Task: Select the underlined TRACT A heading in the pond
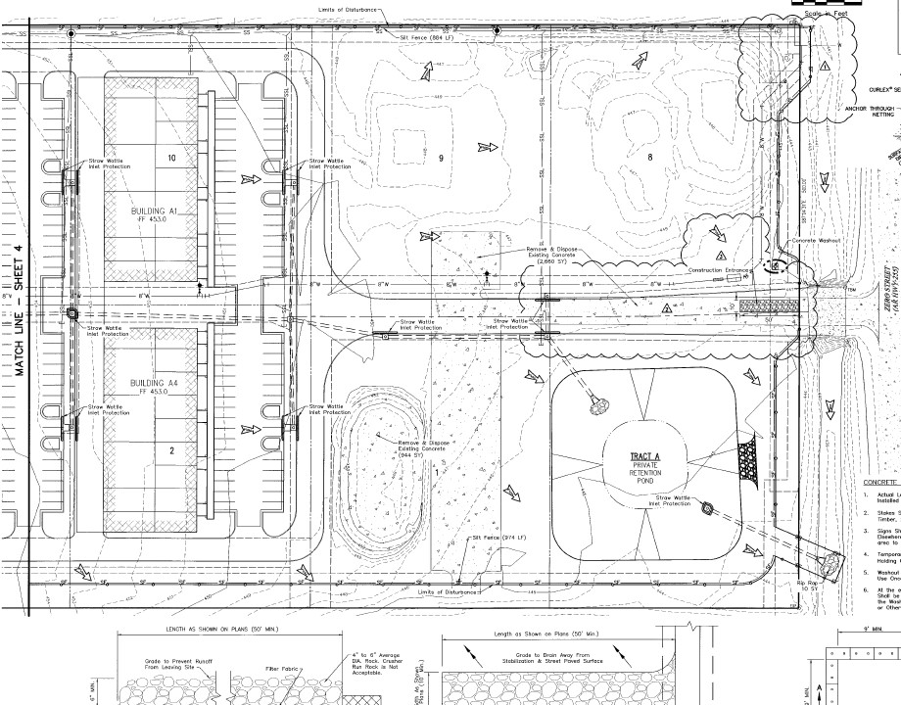pyautogui.click(x=646, y=457)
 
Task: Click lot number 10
pyautogui.click(x=170, y=158)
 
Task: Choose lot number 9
pyautogui.click(x=442, y=158)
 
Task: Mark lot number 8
pyautogui.click(x=648, y=157)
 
